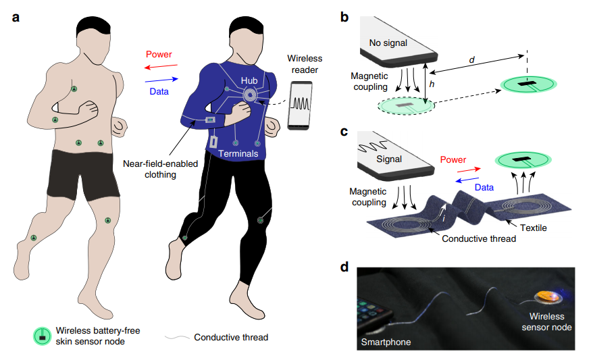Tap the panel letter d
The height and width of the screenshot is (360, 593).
click(x=344, y=267)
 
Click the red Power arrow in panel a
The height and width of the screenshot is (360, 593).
click(x=159, y=66)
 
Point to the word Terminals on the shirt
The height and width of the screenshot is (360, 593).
click(x=239, y=154)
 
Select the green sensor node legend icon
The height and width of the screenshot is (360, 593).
click(x=41, y=335)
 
